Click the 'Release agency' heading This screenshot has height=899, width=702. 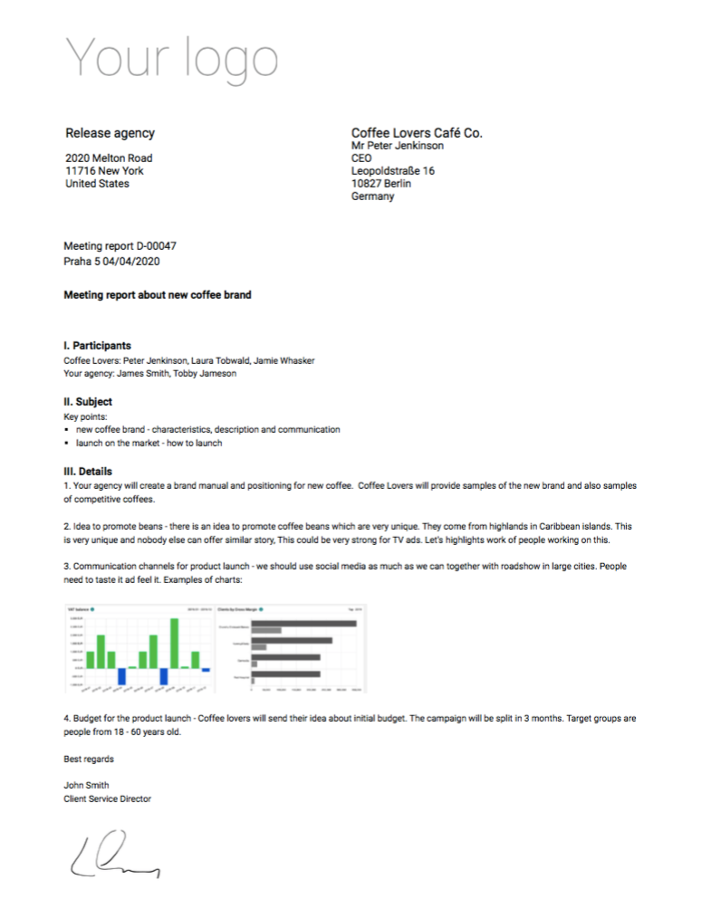click(110, 133)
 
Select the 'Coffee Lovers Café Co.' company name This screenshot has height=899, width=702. click(417, 133)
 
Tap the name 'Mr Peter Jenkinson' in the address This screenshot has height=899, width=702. click(398, 146)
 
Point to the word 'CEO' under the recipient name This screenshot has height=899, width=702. click(361, 158)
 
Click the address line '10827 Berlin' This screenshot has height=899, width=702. click(381, 184)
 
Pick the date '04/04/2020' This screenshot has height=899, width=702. click(136, 261)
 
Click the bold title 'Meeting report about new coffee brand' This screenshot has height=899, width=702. click(158, 295)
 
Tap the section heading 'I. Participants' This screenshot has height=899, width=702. click(97, 346)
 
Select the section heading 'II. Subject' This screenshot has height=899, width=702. click(88, 401)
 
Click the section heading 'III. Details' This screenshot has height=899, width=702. click(88, 472)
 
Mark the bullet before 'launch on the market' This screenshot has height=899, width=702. click(67, 444)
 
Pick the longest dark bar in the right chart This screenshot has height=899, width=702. click(303, 624)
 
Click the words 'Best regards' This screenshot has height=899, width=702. click(89, 759)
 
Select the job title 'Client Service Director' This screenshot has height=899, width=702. click(107, 799)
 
